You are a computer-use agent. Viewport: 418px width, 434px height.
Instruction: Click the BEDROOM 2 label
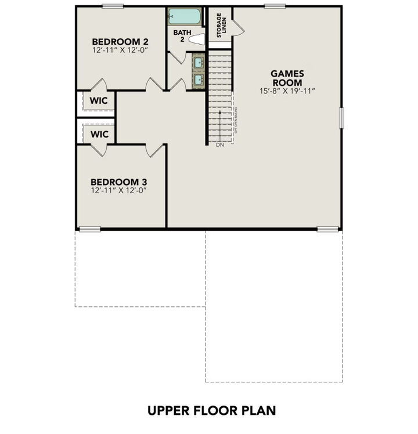click(x=120, y=42)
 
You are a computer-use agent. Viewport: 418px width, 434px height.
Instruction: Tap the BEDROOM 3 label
click(x=120, y=182)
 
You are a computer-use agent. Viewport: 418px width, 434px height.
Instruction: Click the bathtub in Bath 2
click(x=184, y=17)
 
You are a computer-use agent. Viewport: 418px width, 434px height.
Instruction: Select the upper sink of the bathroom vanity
click(x=198, y=60)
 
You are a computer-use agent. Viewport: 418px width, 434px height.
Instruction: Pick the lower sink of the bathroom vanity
click(x=198, y=78)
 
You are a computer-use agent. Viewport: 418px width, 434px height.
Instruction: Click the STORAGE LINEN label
click(x=222, y=26)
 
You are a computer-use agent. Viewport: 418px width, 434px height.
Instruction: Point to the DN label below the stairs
click(x=219, y=144)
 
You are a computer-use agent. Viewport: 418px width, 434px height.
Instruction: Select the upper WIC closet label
click(x=99, y=100)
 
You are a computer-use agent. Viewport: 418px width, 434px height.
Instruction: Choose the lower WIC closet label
click(x=99, y=134)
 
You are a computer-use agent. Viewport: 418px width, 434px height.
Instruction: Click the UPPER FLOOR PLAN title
click(x=211, y=410)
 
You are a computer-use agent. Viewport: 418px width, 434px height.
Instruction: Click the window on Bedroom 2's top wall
click(x=113, y=6)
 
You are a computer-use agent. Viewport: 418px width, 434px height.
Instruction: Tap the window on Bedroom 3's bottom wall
click(x=90, y=229)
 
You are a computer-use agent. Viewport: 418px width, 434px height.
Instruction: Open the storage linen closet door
click(x=238, y=26)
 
